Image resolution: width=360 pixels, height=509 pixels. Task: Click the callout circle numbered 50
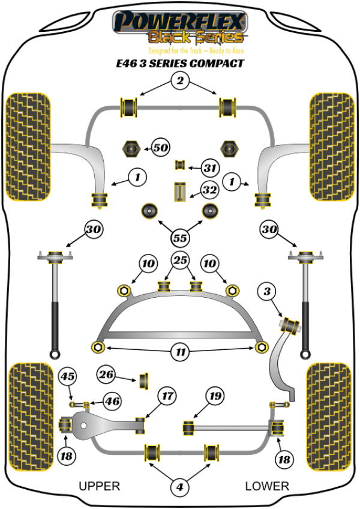click(159, 147)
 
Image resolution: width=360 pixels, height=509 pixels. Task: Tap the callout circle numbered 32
click(209, 191)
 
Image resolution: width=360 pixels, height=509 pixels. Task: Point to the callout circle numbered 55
click(179, 236)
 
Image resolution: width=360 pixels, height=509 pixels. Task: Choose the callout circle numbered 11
click(179, 353)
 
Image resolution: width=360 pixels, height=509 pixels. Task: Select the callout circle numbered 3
click(267, 292)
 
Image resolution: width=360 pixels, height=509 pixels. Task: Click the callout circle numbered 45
click(67, 377)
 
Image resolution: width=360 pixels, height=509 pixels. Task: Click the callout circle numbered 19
click(214, 396)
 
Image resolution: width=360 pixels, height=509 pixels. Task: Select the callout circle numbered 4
click(179, 489)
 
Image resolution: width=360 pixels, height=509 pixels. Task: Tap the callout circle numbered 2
click(179, 80)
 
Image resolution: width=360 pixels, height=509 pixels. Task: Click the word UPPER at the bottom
click(100, 486)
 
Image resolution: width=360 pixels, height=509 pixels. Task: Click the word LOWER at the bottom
click(267, 486)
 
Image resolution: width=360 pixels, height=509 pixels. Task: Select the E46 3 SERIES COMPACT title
click(179, 63)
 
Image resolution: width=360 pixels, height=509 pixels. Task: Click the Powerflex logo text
click(180, 23)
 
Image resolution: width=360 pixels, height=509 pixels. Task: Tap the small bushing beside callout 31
click(179, 165)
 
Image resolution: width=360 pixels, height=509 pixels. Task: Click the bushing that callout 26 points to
click(144, 381)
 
